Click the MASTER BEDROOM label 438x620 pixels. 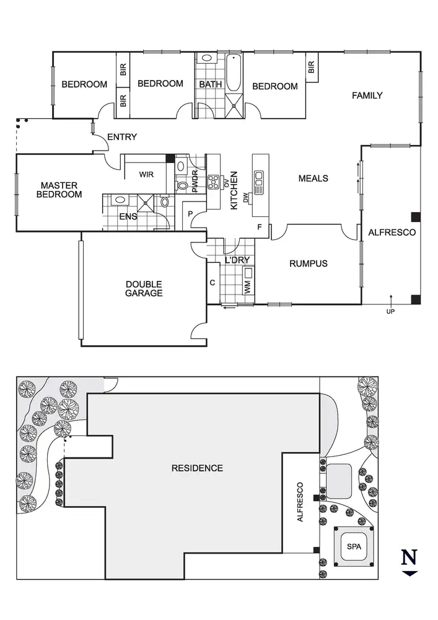59,190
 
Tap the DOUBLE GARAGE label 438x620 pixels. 144,289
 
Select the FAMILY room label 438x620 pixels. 367,95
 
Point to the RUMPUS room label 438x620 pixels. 308,263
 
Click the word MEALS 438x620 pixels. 313,179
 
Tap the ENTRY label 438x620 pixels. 122,137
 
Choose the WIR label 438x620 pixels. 146,175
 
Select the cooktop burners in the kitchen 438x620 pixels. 214,182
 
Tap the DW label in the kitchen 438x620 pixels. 246,198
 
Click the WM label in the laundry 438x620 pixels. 248,288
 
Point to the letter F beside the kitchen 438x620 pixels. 260,228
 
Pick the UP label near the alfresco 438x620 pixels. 390,311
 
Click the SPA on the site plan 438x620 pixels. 353,547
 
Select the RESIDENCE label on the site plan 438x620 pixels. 197,468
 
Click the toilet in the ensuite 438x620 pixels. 164,201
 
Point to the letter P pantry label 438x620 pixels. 190,214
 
